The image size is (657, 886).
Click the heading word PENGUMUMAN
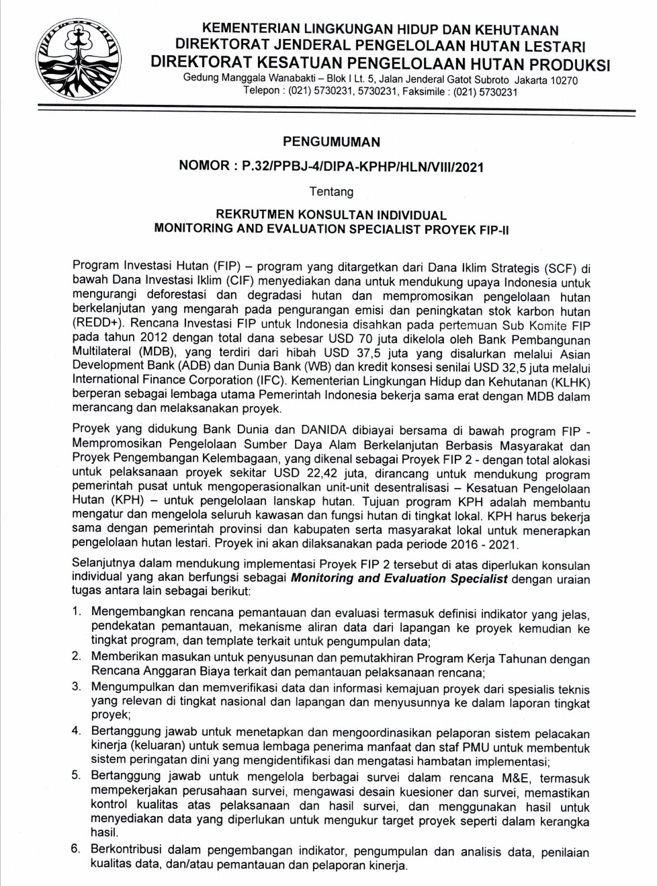(x=331, y=142)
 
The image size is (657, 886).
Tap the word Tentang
(x=331, y=192)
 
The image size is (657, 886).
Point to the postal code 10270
(x=564, y=80)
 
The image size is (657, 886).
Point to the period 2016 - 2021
(x=481, y=544)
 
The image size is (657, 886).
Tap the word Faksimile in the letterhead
(x=424, y=92)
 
